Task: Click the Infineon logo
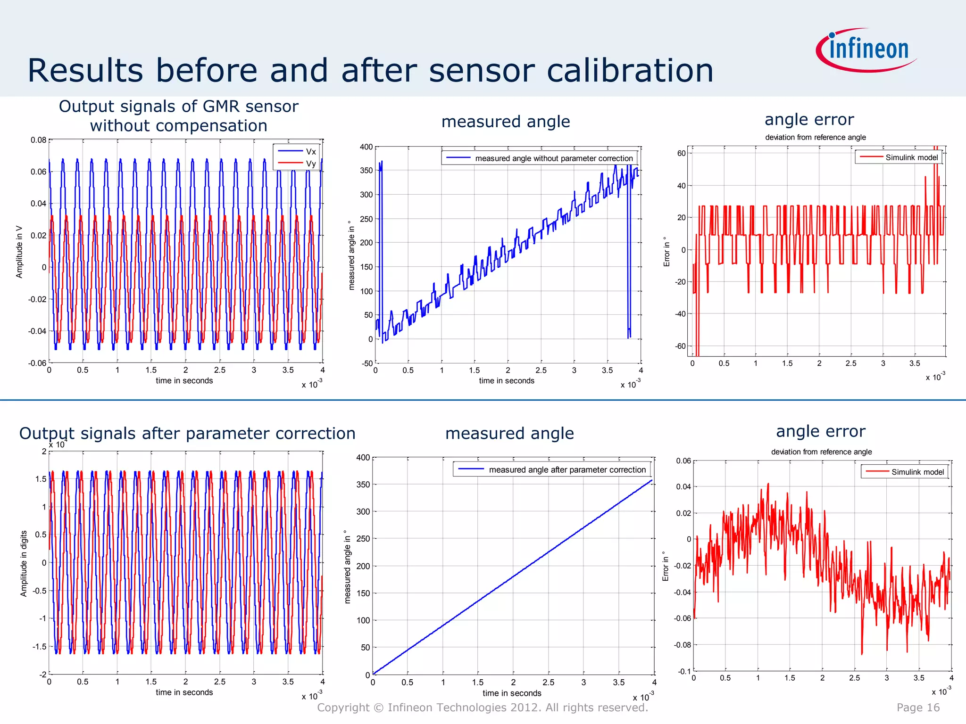[867, 50]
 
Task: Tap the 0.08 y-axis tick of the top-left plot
[38, 140]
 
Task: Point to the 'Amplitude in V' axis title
[19, 252]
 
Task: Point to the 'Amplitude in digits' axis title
[24, 564]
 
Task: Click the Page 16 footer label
[918, 708]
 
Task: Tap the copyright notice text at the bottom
[483, 708]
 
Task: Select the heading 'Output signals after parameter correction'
[187, 433]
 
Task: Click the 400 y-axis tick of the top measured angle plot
[366, 147]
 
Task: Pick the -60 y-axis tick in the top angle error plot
[680, 346]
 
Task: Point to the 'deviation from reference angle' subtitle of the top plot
[815, 137]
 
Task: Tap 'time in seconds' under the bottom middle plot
[512, 693]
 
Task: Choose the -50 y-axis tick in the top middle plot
[367, 363]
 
